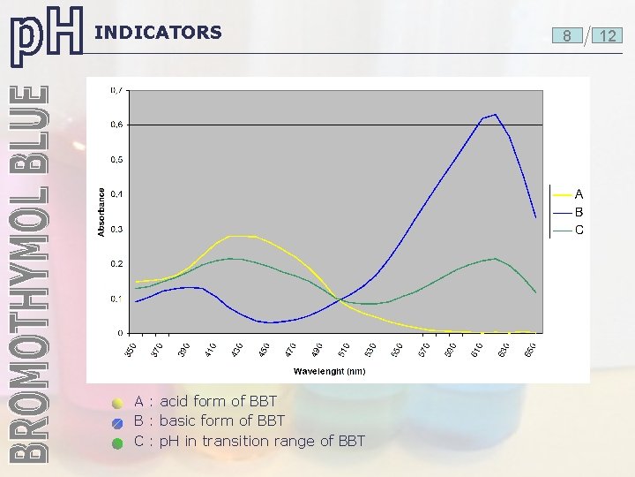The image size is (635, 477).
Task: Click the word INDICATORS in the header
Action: pyautogui.click(x=158, y=33)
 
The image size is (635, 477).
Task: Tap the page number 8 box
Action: pyautogui.click(x=566, y=36)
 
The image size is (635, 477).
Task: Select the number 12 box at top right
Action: pyautogui.click(x=607, y=36)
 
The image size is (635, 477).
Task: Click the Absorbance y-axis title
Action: pyautogui.click(x=101, y=212)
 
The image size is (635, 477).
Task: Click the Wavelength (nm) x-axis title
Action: pyautogui.click(x=329, y=371)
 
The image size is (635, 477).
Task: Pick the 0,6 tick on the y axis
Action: pyautogui.click(x=116, y=125)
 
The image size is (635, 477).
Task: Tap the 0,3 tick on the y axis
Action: pyautogui.click(x=116, y=229)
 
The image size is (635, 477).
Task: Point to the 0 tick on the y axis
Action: pyautogui.click(x=120, y=333)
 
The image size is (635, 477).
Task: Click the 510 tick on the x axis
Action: pyautogui.click(x=345, y=349)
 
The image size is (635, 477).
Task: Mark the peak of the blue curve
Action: pyautogui.click(x=496, y=115)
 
